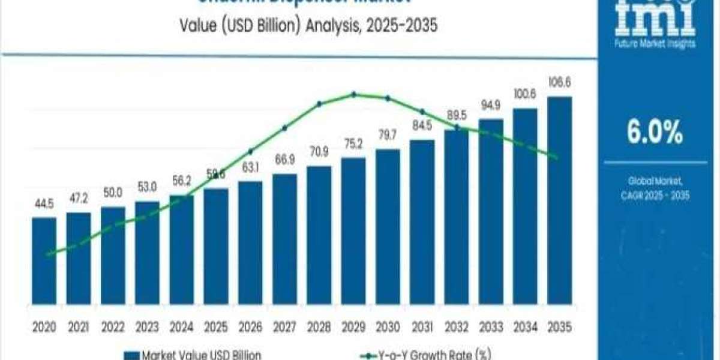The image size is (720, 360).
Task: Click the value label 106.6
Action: point(559,82)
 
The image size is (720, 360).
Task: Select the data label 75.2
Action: point(353,144)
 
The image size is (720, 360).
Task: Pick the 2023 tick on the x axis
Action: point(147,327)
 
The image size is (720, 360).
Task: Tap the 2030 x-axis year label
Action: point(388,327)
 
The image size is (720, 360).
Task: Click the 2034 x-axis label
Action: point(525,327)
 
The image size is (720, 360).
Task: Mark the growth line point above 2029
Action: point(353,94)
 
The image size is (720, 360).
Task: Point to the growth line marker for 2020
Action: point(47,254)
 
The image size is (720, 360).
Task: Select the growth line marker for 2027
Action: point(284,127)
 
